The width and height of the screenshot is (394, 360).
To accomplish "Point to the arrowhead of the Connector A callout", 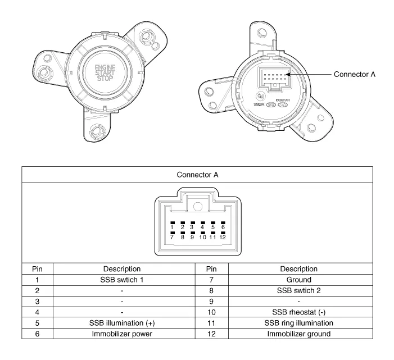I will (x=288, y=74).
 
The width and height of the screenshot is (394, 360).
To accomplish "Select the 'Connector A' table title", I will (x=197, y=175).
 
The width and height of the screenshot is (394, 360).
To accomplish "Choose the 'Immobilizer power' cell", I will (x=122, y=334).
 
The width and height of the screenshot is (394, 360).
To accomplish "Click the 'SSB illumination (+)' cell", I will (x=122, y=323).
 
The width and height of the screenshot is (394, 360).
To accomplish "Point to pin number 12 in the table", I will (x=212, y=334).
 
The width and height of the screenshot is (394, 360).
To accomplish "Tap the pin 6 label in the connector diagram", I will (x=223, y=226).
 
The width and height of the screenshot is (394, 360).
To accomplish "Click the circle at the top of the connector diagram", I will (x=197, y=205).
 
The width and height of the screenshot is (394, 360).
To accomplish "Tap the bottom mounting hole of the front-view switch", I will (x=96, y=131).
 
